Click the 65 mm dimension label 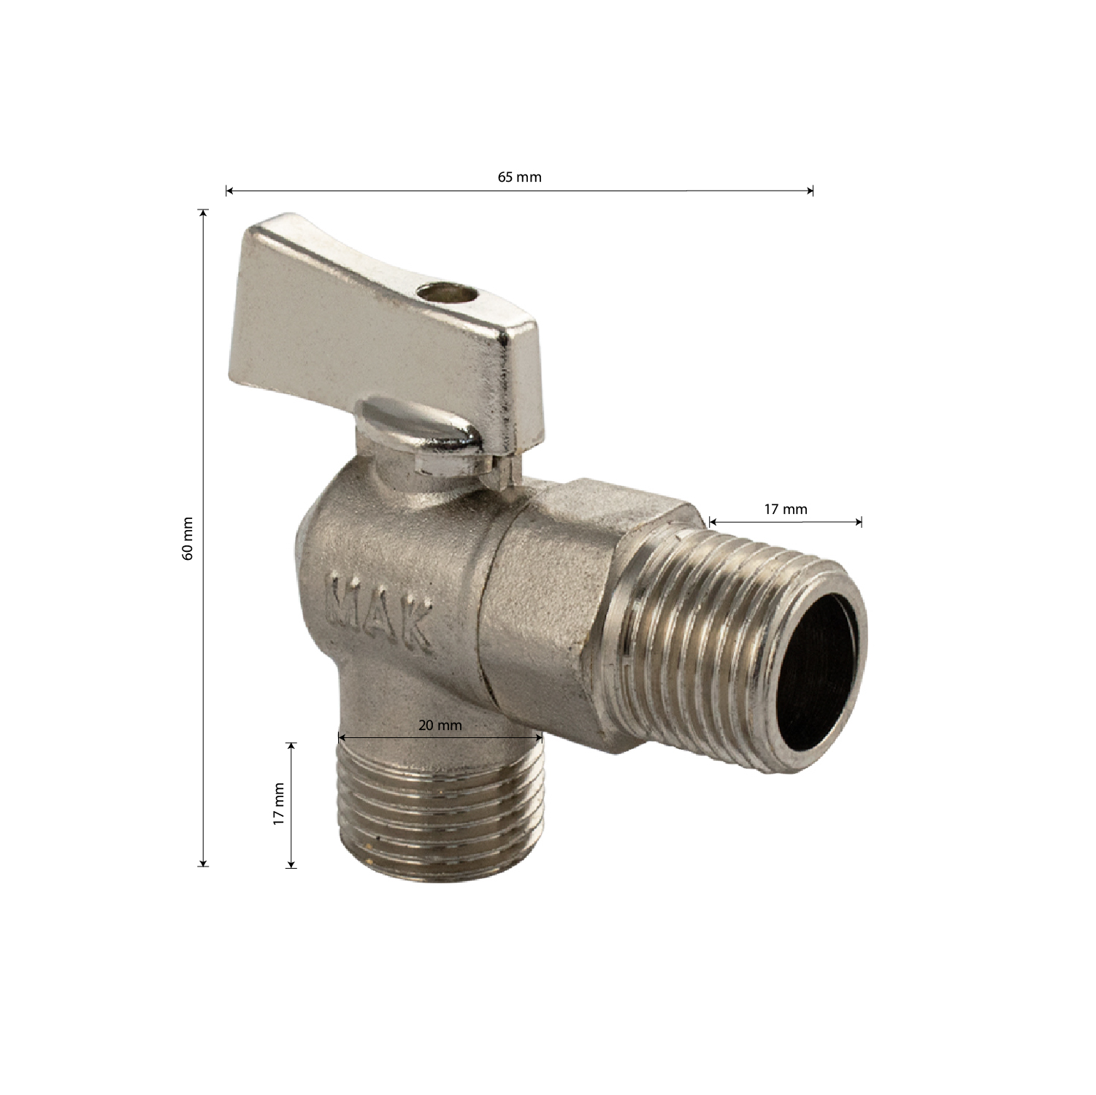click(520, 177)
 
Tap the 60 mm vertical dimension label click(188, 539)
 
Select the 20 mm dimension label click(440, 726)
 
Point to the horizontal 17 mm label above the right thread click(786, 510)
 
